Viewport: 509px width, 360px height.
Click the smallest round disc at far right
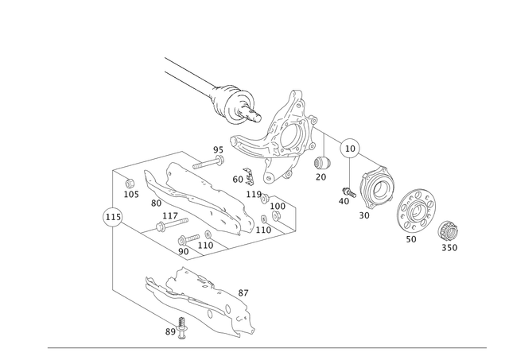[x=449, y=230]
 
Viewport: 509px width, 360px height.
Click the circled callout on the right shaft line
[x=350, y=148]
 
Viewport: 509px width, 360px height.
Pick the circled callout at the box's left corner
[x=111, y=215]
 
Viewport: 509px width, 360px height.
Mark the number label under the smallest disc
[x=451, y=249]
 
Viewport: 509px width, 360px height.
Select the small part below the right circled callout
[x=346, y=195]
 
